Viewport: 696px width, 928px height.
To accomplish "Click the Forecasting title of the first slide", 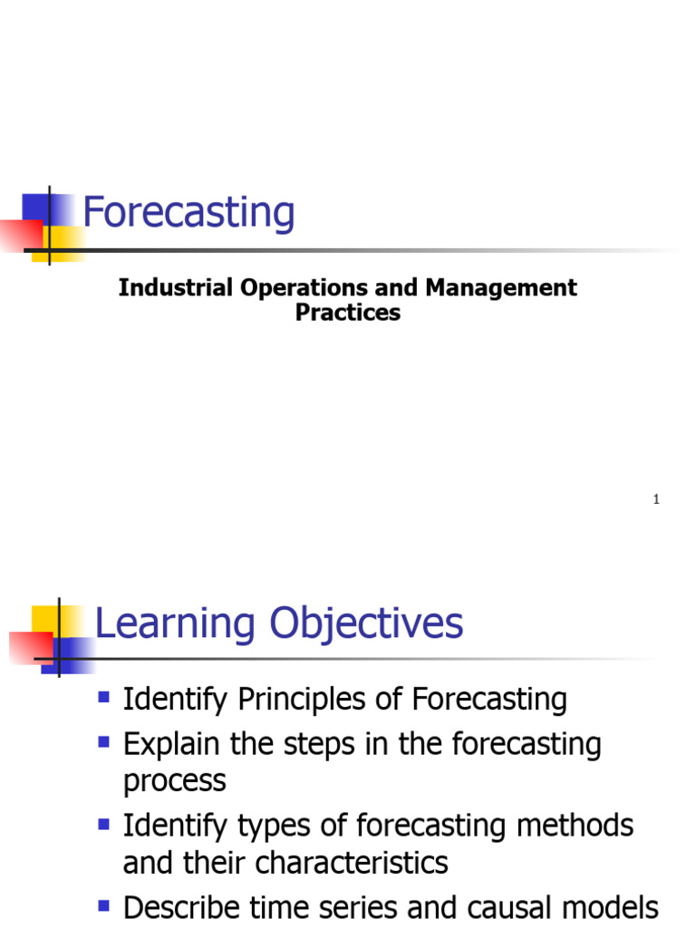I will pos(188,214).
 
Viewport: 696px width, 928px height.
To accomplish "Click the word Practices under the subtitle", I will pos(348,313).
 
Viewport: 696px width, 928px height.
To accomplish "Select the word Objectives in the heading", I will pos(366,624).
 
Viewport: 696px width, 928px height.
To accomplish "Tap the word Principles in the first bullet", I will pos(311,700).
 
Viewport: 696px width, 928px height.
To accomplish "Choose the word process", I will pos(174,781).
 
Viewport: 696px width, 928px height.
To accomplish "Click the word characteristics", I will pos(351,862).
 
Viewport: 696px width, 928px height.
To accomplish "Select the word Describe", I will pos(180,907).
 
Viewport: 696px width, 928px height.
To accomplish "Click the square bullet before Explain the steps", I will pos(103,742).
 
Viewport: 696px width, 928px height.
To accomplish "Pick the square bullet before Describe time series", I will pos(103,904).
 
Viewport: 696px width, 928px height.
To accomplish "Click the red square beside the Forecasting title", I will pos(20,236).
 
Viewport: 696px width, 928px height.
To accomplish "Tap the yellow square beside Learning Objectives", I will pos(45,618).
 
